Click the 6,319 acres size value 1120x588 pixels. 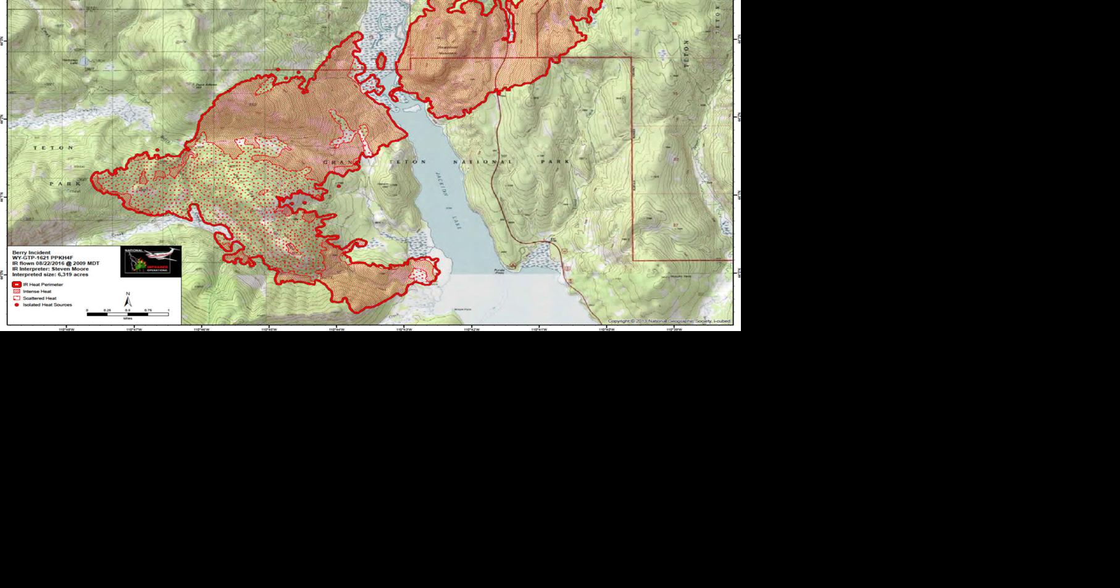(x=73, y=275)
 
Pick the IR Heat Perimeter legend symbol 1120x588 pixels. (x=17, y=285)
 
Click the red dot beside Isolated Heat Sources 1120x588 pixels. (x=17, y=305)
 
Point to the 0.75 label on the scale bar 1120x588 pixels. (x=148, y=310)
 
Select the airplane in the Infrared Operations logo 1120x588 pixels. (x=162, y=254)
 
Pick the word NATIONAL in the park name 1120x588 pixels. (x=483, y=162)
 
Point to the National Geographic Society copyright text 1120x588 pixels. (x=669, y=321)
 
